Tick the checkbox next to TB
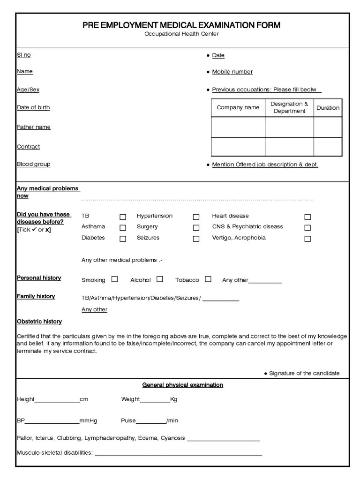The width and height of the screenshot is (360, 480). click(x=123, y=217)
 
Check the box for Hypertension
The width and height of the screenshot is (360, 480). click(x=196, y=217)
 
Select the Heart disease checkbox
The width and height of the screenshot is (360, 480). click(x=307, y=217)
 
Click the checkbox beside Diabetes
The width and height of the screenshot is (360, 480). click(x=123, y=239)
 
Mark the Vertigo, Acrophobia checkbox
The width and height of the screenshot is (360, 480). click(x=307, y=239)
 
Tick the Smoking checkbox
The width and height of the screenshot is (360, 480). click(x=114, y=279)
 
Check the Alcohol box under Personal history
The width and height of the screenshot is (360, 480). click(x=160, y=279)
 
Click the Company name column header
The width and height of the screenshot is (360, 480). click(x=238, y=108)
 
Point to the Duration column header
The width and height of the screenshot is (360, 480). click(x=328, y=108)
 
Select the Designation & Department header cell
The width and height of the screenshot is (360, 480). click(x=289, y=107)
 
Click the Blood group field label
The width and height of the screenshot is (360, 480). click(x=34, y=164)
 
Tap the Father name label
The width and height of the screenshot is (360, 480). click(x=34, y=127)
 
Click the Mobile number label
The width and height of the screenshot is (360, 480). click(x=232, y=72)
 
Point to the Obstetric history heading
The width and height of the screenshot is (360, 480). click(x=39, y=322)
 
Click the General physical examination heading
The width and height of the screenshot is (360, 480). click(x=183, y=385)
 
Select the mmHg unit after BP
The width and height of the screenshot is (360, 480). click(x=88, y=421)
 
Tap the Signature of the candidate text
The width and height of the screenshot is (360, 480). click(x=304, y=373)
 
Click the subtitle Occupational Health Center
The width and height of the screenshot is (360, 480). click(x=181, y=34)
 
